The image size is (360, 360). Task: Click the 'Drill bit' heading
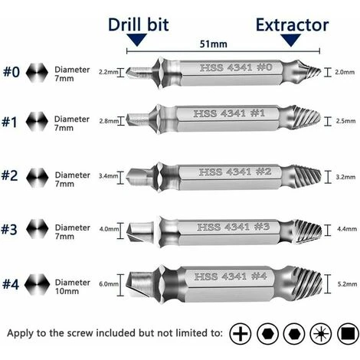point(138,25)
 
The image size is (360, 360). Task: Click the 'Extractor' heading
point(293,25)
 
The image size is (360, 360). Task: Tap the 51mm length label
point(214,44)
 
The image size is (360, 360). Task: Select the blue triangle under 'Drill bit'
point(137,40)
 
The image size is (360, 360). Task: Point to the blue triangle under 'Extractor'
point(291,40)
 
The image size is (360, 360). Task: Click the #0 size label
point(11,72)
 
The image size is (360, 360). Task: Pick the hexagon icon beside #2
point(38,178)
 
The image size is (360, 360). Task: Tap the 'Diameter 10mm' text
point(73,286)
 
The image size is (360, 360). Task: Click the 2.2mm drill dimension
point(109,72)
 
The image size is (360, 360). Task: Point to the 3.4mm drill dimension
point(109,176)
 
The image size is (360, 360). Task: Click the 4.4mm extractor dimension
point(347,229)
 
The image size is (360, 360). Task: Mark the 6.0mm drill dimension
point(109,284)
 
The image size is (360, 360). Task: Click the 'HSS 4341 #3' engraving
point(233,227)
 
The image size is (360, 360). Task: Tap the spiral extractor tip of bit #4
point(308,283)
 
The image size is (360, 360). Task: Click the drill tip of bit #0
point(140,72)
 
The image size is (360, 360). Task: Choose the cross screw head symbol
point(241,334)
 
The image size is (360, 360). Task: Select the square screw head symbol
point(348,334)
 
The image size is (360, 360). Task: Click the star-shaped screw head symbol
point(321,334)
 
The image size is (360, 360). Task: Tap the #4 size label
point(11,284)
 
